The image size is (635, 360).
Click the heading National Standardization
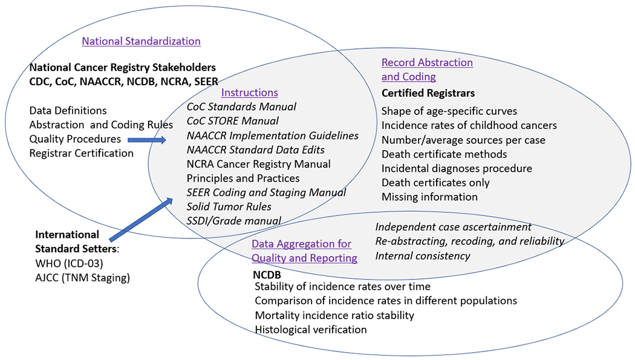(141, 41)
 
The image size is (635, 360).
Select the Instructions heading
(249, 93)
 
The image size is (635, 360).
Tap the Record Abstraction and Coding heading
(426, 70)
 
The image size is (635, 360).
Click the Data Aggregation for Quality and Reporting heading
(304, 251)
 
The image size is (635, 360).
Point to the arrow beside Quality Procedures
(148, 140)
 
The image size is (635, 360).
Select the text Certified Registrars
(428, 93)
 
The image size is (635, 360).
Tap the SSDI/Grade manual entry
(233, 221)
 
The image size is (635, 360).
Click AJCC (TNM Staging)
(82, 278)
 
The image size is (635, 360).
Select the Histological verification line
(311, 330)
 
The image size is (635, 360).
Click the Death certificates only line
(435, 183)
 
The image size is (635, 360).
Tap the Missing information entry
(429, 197)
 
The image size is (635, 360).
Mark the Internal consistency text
(423, 255)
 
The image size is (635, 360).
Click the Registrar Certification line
(81, 153)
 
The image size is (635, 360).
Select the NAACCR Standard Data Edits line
(256, 149)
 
